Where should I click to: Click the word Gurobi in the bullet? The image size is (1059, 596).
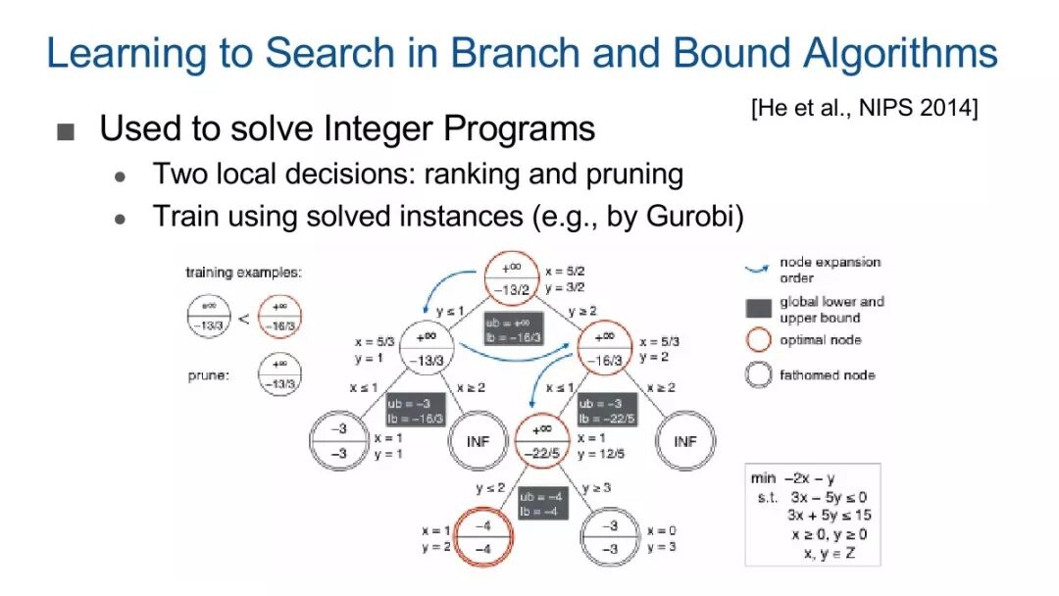695,216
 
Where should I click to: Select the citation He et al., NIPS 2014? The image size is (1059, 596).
865,108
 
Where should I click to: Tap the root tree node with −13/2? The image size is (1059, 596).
513,278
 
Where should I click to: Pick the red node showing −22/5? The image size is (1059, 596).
540,440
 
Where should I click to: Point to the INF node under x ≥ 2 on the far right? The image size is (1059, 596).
684,441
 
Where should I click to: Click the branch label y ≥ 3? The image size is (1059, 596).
597,487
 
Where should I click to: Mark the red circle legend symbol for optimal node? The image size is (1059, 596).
759,340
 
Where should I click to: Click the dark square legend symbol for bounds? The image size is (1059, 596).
759,309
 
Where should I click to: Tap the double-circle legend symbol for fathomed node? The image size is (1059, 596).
759,374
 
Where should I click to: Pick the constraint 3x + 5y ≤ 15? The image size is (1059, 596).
829,516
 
